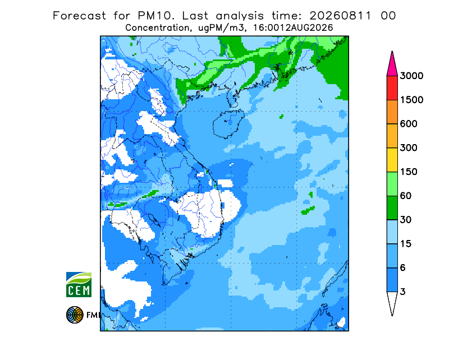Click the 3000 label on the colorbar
[x=411, y=76]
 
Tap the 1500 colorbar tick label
[x=411, y=100]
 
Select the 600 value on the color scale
[x=409, y=124]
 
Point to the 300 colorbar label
[x=409, y=148]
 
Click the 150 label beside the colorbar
[x=409, y=172]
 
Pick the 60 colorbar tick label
[x=406, y=196]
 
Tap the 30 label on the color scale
[x=406, y=220]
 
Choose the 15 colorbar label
[x=406, y=244]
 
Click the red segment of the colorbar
[x=392, y=88]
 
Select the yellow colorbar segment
[x=392, y=160]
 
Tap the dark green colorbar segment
[x=392, y=208]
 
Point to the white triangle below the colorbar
[x=392, y=301]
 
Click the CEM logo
[x=79, y=284]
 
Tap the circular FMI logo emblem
[x=75, y=315]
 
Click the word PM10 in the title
[x=155, y=16]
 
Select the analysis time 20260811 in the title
[x=341, y=16]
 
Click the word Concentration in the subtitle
[x=158, y=28]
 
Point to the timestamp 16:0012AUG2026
[x=293, y=28]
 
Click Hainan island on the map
[x=228, y=124]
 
